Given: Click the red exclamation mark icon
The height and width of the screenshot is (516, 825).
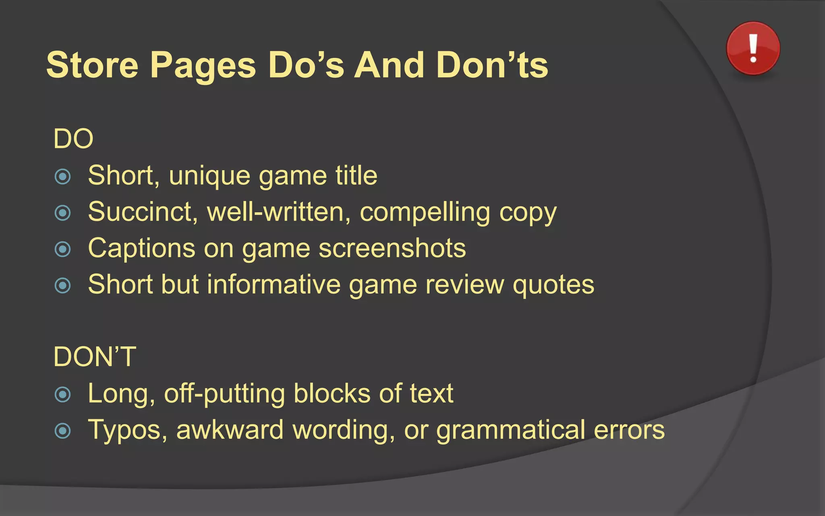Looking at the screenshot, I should (753, 48).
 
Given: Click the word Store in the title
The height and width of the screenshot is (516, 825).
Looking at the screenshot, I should (92, 65).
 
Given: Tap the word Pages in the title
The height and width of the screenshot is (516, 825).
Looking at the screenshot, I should (203, 65).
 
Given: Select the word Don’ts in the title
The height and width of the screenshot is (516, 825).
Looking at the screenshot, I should (492, 65).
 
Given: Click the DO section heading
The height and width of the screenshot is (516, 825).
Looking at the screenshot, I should (73, 139).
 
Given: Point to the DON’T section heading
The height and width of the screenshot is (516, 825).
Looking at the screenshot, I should (95, 357).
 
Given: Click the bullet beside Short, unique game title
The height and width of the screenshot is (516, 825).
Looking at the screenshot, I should (63, 177).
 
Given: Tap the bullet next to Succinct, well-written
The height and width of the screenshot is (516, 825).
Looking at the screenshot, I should (63, 213).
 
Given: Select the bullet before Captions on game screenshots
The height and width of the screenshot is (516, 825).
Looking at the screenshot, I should (63, 249).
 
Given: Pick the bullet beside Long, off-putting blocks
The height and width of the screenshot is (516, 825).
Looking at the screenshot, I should (63, 394).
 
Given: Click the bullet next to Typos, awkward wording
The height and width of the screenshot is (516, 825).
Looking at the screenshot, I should (63, 431).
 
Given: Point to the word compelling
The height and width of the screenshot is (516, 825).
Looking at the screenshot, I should (425, 212).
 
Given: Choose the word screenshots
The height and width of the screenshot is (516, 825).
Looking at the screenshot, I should (392, 248).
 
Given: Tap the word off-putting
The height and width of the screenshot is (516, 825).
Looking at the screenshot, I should (224, 394).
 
